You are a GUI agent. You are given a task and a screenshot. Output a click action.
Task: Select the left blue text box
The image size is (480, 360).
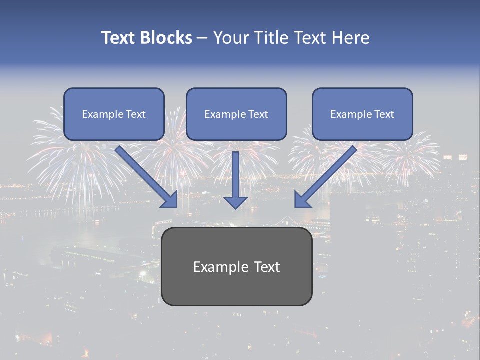(114, 114)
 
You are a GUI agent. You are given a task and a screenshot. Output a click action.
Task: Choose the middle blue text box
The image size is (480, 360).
(236, 114)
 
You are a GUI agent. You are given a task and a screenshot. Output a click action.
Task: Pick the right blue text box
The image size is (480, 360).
(362, 114)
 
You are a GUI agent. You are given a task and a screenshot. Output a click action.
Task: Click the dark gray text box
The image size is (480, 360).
(236, 266)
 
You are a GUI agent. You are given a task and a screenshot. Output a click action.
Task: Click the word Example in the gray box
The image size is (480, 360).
(214, 267)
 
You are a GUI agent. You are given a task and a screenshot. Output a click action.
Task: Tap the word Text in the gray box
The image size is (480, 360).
(267, 267)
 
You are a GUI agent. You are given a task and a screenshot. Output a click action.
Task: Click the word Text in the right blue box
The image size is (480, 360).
(384, 114)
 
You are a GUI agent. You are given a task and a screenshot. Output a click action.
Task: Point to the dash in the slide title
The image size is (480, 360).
(202, 38)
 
